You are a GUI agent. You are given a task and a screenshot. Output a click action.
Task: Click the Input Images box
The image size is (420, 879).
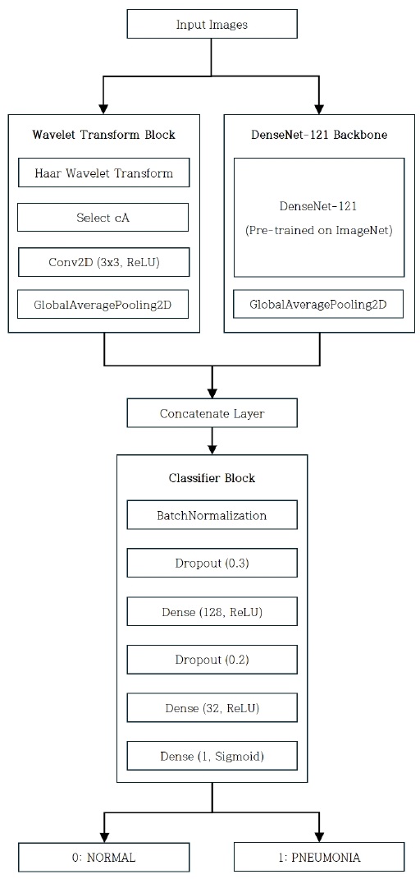point(212,25)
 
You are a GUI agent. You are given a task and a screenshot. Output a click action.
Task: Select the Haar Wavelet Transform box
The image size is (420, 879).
point(103,173)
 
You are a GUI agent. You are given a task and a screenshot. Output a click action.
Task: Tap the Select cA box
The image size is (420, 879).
point(103,218)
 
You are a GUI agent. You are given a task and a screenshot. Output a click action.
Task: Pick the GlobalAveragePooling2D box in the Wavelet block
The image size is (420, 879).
point(103,305)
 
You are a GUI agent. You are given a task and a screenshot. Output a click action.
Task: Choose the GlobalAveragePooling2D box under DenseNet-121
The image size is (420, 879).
point(319,305)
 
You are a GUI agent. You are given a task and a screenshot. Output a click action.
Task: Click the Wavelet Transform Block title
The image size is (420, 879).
point(103,135)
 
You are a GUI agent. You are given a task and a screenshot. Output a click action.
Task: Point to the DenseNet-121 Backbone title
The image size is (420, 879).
point(319,135)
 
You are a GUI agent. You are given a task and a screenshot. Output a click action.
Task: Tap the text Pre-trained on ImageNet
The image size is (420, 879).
point(319,231)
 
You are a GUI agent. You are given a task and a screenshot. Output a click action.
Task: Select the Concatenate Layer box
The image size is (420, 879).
point(212,413)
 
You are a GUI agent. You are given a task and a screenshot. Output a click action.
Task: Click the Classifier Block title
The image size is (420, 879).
point(212,478)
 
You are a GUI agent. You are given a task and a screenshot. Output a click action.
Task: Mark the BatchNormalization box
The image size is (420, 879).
point(212,516)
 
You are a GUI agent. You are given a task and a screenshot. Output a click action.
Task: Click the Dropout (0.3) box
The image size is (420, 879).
point(212,564)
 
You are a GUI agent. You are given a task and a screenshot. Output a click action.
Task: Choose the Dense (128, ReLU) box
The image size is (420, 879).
point(212,611)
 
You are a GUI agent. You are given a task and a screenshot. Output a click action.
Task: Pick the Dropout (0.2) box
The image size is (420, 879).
point(212,659)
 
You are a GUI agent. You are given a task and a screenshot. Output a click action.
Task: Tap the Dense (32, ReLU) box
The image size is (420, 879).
point(212,706)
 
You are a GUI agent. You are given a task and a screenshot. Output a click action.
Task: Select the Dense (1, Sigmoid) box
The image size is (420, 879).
point(212,754)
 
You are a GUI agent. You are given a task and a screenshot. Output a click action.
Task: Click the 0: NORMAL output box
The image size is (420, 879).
point(103,857)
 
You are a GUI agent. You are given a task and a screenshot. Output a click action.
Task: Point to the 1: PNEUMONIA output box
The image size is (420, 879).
point(319,857)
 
